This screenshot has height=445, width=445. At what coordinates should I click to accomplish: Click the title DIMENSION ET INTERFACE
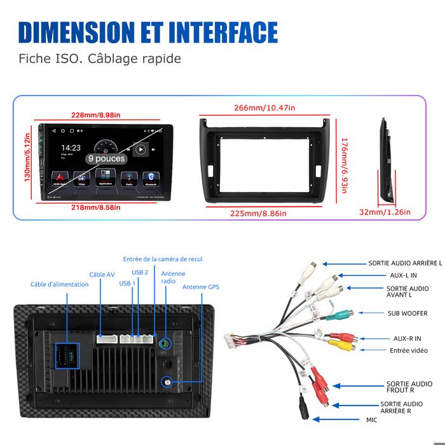[x=148, y=32]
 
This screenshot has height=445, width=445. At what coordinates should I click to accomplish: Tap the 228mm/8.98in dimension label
[x=95, y=115]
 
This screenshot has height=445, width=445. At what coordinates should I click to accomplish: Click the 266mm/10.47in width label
[x=264, y=108]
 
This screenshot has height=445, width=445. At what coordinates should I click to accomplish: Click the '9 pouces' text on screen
[x=106, y=158]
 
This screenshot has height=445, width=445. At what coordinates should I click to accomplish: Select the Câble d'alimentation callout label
[x=60, y=284]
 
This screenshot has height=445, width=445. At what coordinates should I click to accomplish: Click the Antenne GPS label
[x=201, y=287]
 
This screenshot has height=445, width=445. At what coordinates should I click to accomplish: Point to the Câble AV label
[x=102, y=275]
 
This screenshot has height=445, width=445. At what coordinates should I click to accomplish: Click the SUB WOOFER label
[x=407, y=313]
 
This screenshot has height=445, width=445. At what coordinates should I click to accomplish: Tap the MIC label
[x=371, y=420]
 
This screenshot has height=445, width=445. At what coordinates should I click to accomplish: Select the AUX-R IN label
[x=407, y=338]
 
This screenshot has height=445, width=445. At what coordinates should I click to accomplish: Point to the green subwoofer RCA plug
[x=341, y=313]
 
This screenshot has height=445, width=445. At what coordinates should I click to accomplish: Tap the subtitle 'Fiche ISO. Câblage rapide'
[x=100, y=59]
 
